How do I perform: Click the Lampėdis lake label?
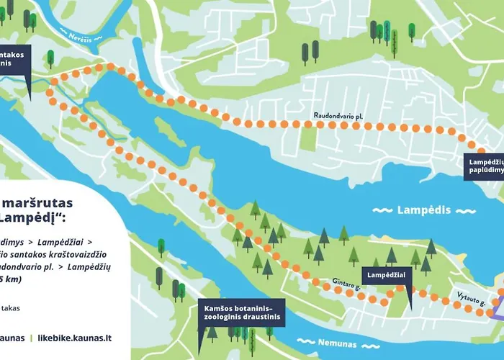point(424,210)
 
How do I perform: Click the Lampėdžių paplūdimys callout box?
point(485,166)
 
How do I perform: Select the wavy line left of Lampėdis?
point(381,211)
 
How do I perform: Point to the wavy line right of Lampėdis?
point(466,211)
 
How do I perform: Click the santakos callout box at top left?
point(14,60)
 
